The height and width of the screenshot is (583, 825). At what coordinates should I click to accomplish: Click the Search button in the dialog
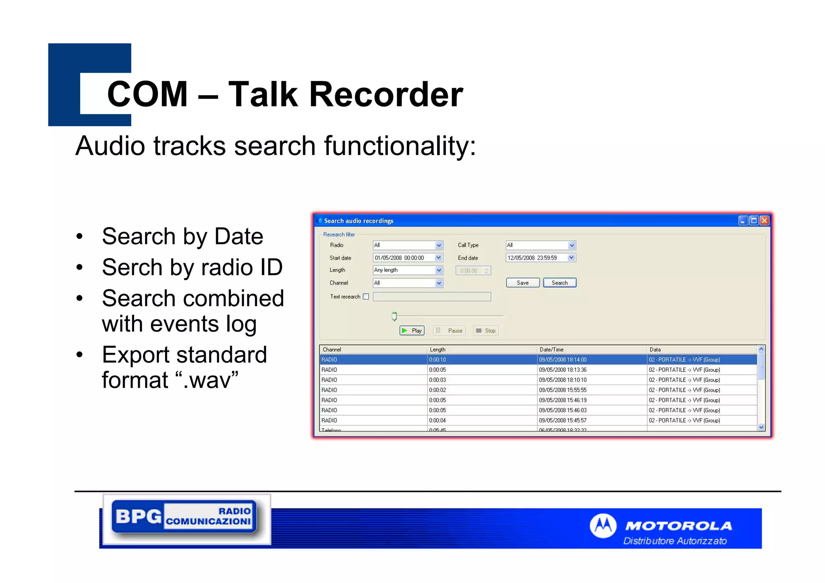(559, 283)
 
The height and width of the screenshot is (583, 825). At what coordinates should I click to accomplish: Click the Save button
(522, 283)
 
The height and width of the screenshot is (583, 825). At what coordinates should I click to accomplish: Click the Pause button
(450, 331)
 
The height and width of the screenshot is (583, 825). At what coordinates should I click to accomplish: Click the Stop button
(486, 331)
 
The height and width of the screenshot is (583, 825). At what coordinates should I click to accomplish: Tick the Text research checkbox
(366, 297)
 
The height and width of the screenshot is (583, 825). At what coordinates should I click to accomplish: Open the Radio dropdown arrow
(439, 245)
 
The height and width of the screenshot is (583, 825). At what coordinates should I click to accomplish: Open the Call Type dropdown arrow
(571, 245)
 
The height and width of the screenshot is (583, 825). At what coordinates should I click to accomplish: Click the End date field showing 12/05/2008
(536, 258)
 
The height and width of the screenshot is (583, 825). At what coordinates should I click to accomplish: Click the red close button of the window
(764, 221)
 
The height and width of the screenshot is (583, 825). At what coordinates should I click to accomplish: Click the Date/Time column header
(551, 350)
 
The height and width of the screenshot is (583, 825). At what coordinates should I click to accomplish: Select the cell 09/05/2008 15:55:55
(563, 390)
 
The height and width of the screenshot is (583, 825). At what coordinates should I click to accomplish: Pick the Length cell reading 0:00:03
(437, 380)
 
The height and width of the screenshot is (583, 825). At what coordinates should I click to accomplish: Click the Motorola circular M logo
(603, 526)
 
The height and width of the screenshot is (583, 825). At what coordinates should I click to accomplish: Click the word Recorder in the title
(386, 94)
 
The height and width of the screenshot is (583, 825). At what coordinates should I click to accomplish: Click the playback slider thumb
(394, 316)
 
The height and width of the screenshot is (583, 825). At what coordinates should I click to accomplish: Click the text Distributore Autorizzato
(675, 541)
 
